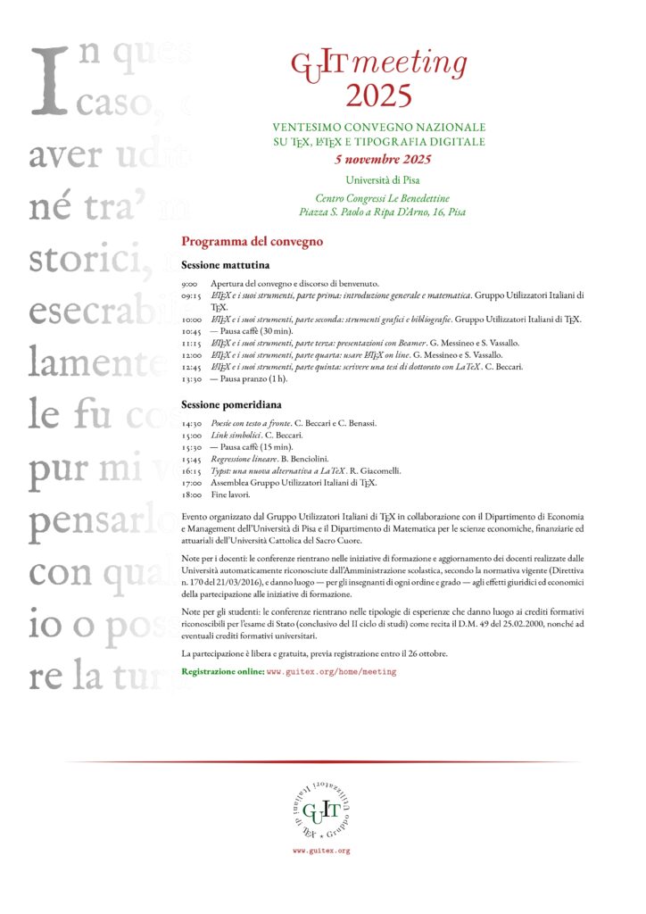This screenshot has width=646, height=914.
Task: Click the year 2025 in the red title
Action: tap(379, 94)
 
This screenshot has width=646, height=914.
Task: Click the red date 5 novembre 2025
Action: tap(383, 160)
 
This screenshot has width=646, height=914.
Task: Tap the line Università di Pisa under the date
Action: tap(382, 180)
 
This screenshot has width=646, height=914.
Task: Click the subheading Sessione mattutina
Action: tap(226, 265)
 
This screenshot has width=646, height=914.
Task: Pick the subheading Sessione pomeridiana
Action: tap(230, 405)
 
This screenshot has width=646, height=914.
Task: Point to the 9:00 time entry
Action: tap(189, 283)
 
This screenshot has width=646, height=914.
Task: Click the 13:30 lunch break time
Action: tap(191, 378)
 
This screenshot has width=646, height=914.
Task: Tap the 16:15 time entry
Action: tap(191, 470)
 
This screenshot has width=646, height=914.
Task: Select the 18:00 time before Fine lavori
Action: tap(191, 494)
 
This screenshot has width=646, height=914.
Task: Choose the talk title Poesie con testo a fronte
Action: tap(251, 423)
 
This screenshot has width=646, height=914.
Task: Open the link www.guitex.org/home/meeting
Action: tap(332, 670)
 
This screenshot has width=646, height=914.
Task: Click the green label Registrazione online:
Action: tap(222, 670)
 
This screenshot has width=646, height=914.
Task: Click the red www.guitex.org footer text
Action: tap(321, 852)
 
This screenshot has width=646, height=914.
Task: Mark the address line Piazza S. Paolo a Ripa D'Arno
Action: tap(382, 212)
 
